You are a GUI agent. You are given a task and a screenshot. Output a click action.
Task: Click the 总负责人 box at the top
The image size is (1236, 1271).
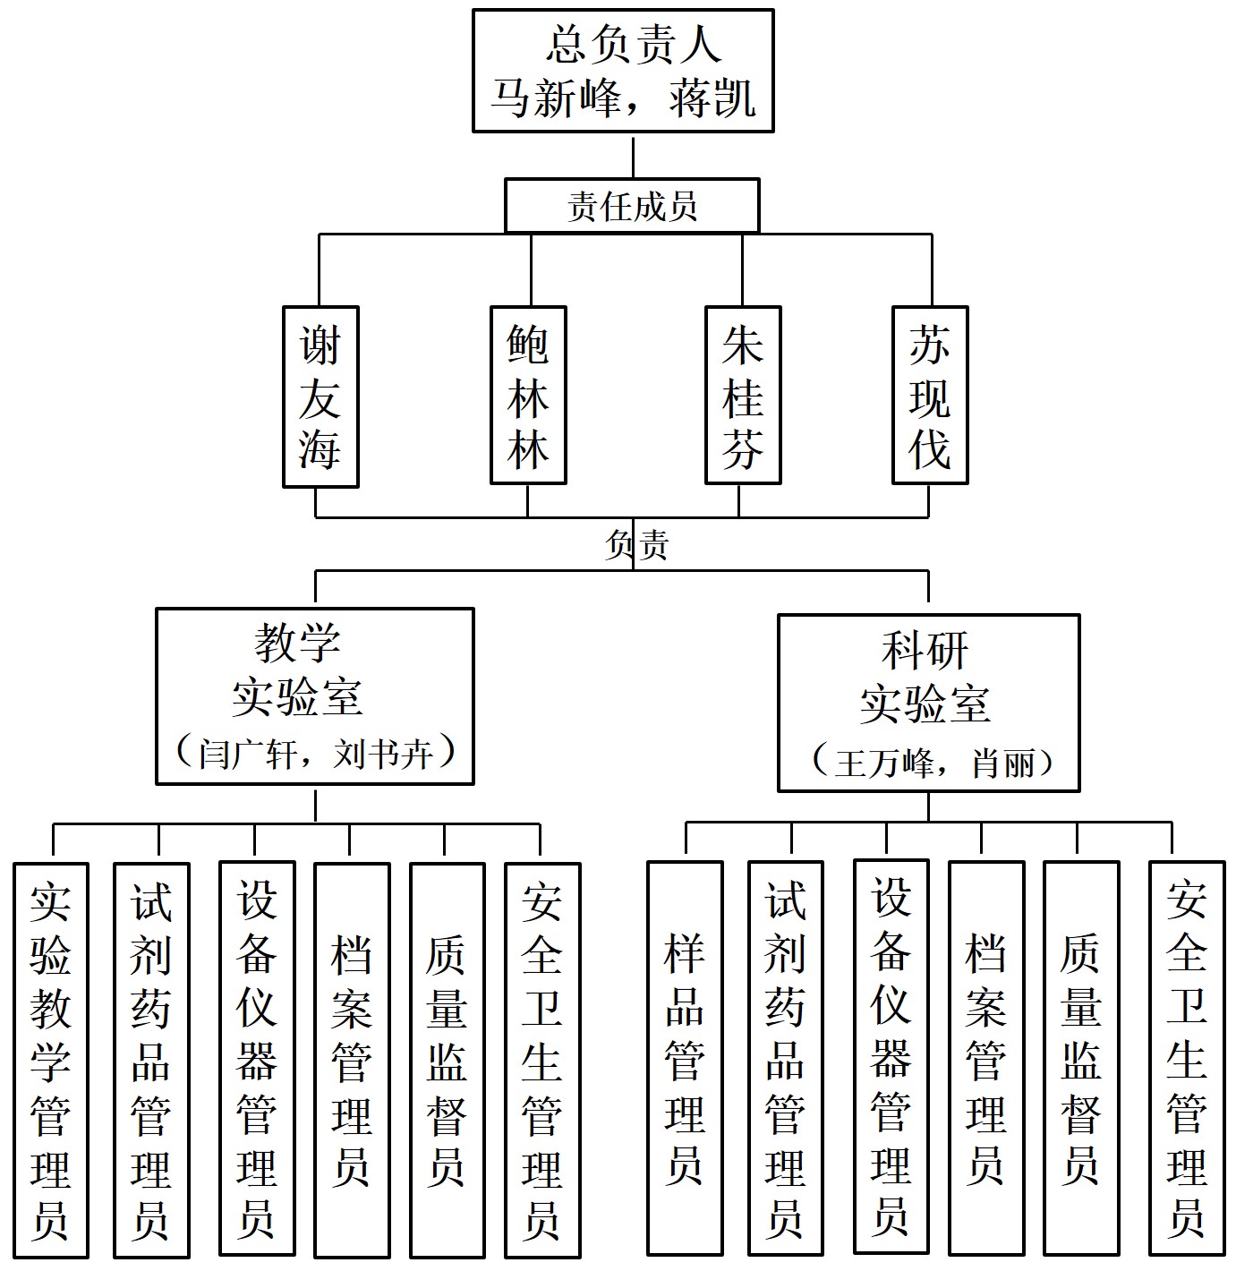click(622, 71)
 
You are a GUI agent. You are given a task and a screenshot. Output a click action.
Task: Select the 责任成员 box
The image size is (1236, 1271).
click(632, 206)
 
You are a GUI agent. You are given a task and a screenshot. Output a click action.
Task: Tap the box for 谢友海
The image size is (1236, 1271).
click(320, 397)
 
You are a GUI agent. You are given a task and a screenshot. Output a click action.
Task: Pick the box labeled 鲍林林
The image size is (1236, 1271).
click(528, 395)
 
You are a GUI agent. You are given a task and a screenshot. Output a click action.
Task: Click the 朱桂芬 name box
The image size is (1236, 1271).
click(743, 395)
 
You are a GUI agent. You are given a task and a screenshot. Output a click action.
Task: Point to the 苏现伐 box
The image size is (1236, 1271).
click(930, 395)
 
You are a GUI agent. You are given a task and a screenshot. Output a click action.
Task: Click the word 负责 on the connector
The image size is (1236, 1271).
click(636, 544)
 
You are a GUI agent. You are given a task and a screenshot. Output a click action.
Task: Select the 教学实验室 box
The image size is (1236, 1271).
click(314, 695)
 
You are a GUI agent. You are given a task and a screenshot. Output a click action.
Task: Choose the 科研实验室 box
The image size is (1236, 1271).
click(928, 703)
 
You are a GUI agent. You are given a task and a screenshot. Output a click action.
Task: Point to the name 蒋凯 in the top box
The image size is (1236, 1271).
click(712, 98)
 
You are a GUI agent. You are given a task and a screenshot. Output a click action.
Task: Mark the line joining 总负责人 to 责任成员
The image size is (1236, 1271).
click(633, 156)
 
